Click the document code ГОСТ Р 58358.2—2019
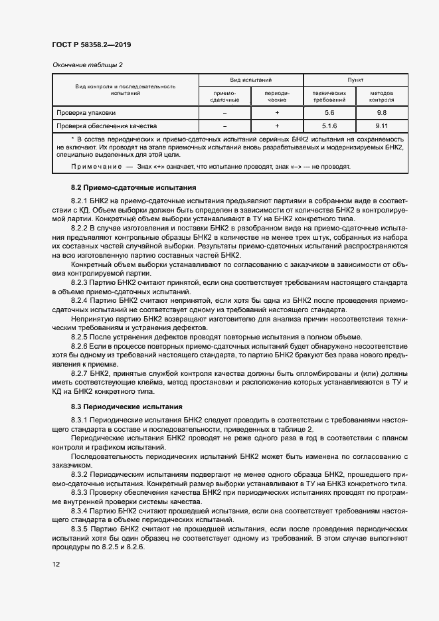91,45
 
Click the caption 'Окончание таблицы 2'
87,64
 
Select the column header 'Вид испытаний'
251,79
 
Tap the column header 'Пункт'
355,79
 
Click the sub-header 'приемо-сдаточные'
224,96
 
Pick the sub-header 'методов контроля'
381,96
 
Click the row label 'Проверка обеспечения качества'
106,126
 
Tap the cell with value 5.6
329,113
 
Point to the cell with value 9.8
381,113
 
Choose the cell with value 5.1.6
329,126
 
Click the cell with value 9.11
381,126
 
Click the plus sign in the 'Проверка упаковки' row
277,113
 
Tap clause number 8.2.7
80,375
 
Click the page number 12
56,564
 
